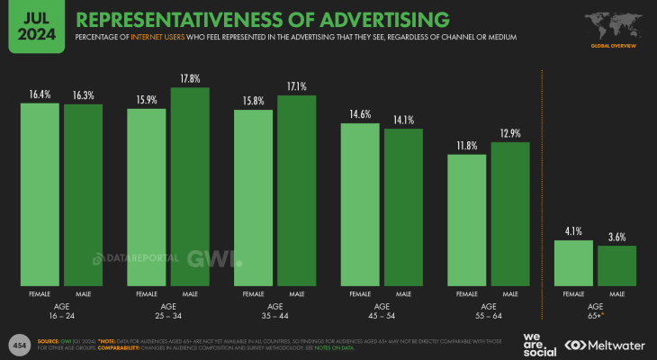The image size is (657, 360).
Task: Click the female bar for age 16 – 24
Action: (x=40, y=193)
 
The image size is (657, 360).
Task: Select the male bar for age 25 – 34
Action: (x=190, y=186)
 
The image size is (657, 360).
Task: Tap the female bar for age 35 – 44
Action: (x=254, y=196)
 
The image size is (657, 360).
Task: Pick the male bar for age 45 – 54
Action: (x=403, y=207)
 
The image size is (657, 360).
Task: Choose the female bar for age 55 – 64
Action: (x=466, y=220)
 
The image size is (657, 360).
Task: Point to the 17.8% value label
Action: (x=190, y=77)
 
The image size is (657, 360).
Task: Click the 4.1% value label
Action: (x=573, y=230)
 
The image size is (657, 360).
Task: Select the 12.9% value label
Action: (x=509, y=133)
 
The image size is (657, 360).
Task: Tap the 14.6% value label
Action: (x=360, y=114)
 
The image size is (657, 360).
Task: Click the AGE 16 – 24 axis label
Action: (x=62, y=310)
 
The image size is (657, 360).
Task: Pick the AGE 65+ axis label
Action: (x=596, y=310)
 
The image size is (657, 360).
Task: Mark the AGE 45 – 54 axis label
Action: (x=382, y=310)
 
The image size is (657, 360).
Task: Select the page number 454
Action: (x=18, y=345)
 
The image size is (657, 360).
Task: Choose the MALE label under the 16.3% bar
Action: (x=84, y=294)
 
